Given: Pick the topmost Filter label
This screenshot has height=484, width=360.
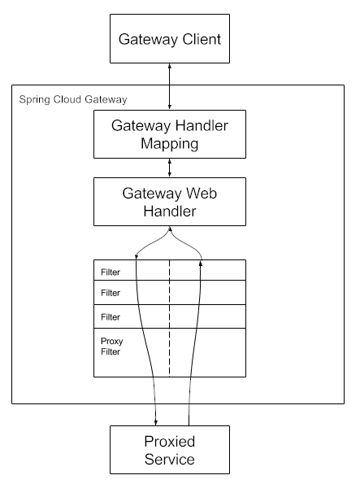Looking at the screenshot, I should [x=111, y=271].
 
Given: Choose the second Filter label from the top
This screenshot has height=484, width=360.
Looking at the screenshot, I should [x=111, y=292].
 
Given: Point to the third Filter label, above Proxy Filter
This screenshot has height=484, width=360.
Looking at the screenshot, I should [x=111, y=316].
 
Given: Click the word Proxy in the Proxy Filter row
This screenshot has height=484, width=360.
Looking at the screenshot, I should [x=111, y=341].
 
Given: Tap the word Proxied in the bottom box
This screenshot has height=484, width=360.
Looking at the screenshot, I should [x=169, y=443].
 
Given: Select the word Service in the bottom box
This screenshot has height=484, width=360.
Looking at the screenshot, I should [x=169, y=460].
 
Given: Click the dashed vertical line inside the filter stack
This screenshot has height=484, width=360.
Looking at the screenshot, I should [x=169, y=317].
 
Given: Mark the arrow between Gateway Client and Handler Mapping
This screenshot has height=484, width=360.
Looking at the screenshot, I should [x=169, y=84].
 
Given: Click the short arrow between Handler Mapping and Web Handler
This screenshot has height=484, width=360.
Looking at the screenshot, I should [x=169, y=168].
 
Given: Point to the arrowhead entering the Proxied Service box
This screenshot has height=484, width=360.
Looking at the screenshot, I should [x=155, y=422].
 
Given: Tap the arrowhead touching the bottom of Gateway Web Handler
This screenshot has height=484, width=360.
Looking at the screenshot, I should [x=169, y=229].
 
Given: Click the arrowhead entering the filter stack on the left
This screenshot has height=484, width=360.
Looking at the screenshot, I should [x=137, y=258].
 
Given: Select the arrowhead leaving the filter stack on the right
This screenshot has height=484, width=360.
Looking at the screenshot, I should [x=200, y=258].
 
